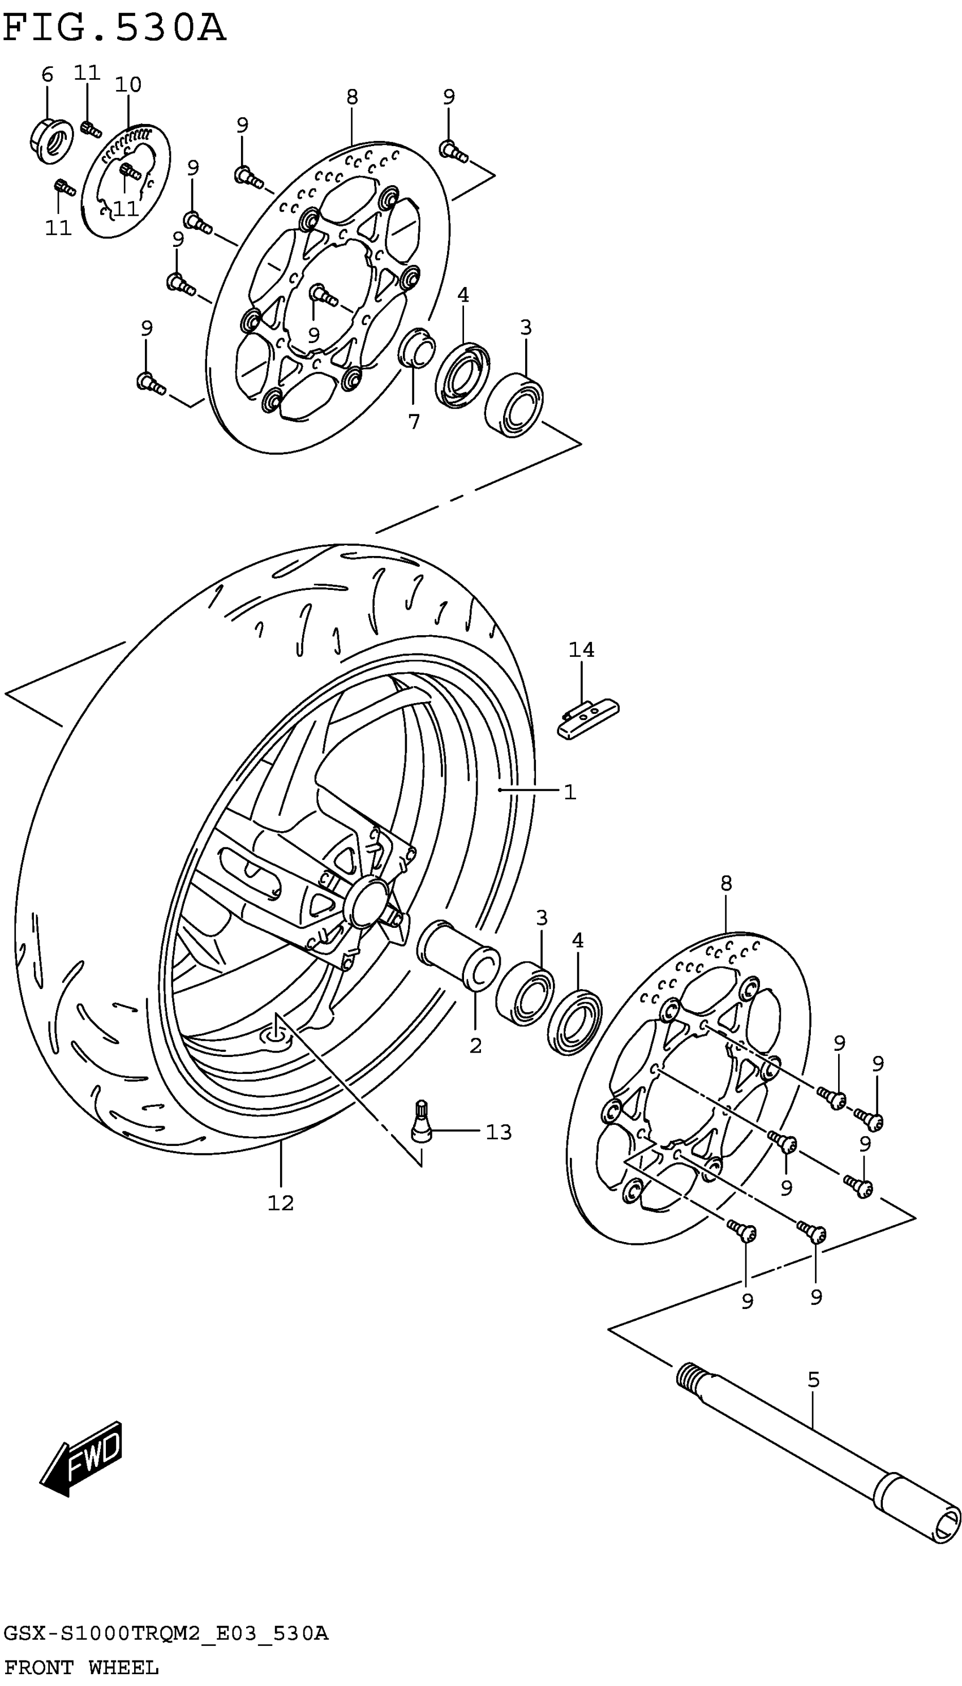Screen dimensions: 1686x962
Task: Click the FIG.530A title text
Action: pyautogui.click(x=114, y=28)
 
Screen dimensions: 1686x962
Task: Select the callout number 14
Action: pyautogui.click(x=581, y=650)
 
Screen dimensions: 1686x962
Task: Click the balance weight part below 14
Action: pyautogui.click(x=587, y=720)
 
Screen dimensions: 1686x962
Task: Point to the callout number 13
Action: pyautogui.click(x=499, y=1133)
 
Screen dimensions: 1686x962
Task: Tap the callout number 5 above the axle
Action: pyautogui.click(x=813, y=1380)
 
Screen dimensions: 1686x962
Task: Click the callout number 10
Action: pyautogui.click(x=128, y=84)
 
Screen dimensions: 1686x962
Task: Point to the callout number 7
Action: pyautogui.click(x=414, y=422)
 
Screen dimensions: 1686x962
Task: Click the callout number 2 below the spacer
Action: pyautogui.click(x=476, y=1046)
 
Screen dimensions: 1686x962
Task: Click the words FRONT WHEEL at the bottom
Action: pyautogui.click(x=80, y=1667)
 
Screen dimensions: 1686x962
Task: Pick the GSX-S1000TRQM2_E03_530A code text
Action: pyautogui.click(x=165, y=1634)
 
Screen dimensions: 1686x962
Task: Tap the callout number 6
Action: pyautogui.click(x=47, y=75)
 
